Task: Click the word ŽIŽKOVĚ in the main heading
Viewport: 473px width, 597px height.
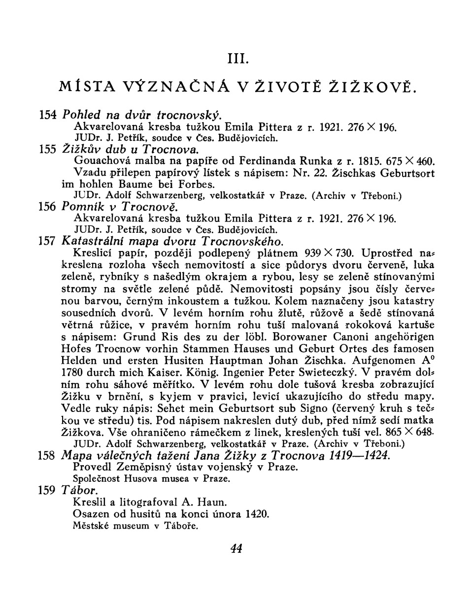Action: tap(376, 89)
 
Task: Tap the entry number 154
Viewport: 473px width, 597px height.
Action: tap(48, 116)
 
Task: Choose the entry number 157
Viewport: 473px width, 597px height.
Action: tap(48, 242)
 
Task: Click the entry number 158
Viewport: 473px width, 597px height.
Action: tap(48, 456)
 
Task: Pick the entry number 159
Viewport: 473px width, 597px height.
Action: tap(48, 491)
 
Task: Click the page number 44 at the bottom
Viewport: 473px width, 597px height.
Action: tap(236, 548)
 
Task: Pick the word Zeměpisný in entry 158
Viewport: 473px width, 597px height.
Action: tap(138, 467)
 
